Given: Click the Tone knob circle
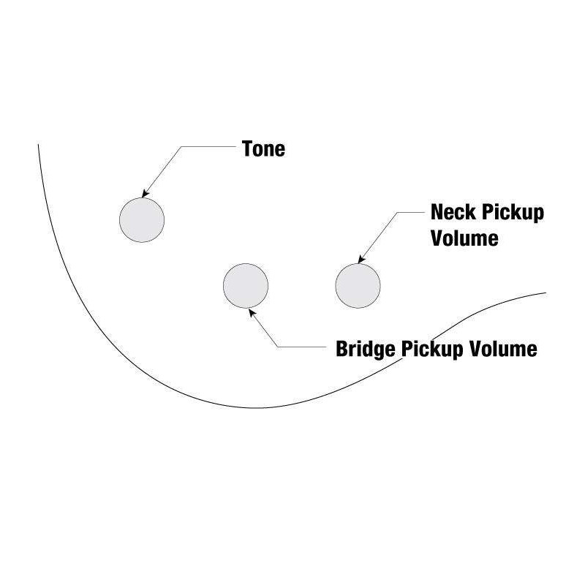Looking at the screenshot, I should pyautogui.click(x=142, y=219).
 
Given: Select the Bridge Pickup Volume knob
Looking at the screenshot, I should pyautogui.click(x=246, y=285).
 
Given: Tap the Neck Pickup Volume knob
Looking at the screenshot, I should pyautogui.click(x=358, y=285).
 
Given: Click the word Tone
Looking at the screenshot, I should pyautogui.click(x=263, y=149).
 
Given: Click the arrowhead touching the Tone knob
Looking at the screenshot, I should pyautogui.click(x=146, y=193).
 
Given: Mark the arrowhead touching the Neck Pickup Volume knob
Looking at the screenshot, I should pyautogui.click(x=359, y=259).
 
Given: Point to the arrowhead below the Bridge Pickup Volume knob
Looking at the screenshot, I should pyautogui.click(x=252, y=311).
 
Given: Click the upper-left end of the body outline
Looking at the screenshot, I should pyautogui.click(x=39, y=145).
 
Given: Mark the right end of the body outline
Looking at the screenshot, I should pyautogui.click(x=546, y=293).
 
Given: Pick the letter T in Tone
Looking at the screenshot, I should pyautogui.click(x=247, y=149).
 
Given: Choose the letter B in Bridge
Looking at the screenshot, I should pyautogui.click(x=341, y=349).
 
